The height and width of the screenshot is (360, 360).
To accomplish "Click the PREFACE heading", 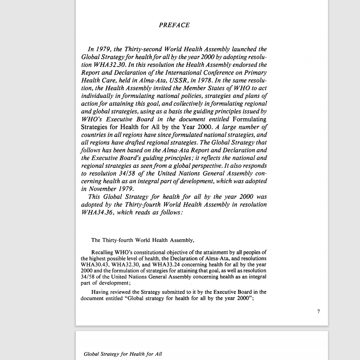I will [x=174, y=25].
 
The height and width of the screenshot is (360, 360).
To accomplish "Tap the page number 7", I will [x=319, y=311].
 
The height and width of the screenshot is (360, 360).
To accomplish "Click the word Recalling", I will [x=103, y=252].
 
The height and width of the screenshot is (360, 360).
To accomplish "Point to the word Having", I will [x=100, y=292].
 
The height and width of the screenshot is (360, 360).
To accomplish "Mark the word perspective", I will [x=208, y=166].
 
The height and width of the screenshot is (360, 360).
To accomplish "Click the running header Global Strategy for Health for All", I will [x=123, y=354].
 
